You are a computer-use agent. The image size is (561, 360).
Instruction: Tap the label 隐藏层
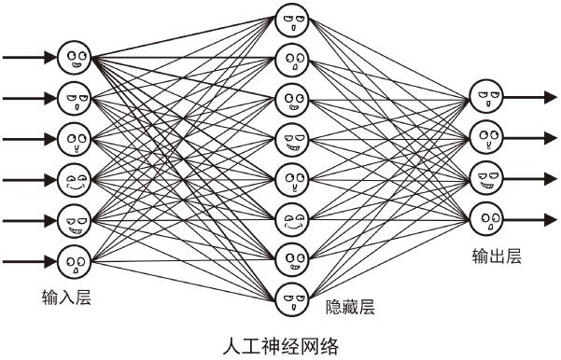pos(350,307)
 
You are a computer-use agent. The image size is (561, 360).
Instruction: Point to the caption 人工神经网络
pos(281,346)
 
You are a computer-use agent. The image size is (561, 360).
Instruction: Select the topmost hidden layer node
pos(291,21)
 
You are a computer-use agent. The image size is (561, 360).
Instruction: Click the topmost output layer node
pos(484,96)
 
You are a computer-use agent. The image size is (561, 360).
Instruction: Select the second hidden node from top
pos(291,60)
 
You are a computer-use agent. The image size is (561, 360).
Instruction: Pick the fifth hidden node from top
pos(291,179)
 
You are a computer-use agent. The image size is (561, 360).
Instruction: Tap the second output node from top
pos(484,137)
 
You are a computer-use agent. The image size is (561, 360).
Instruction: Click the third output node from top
pos(484,178)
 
